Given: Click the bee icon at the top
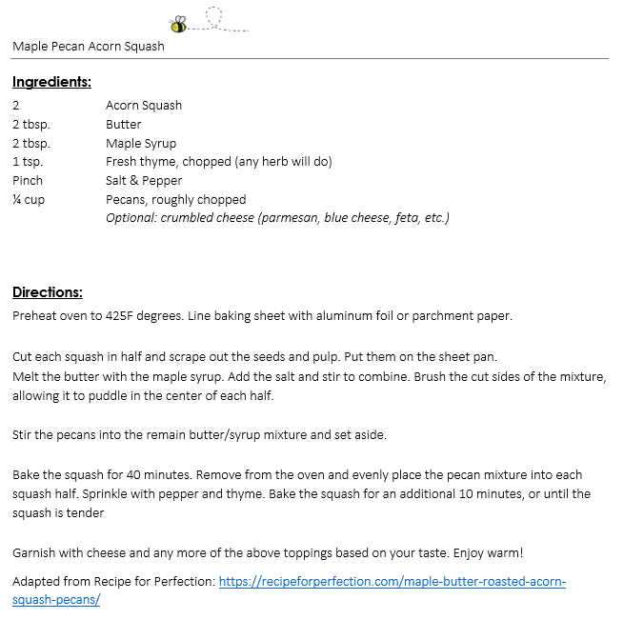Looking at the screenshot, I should [x=178, y=24].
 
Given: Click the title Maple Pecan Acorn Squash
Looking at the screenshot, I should [x=89, y=46].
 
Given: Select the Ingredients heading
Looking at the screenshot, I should [x=51, y=82].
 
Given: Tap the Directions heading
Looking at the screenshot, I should [x=48, y=292].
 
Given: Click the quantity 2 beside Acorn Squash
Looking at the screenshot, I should [x=16, y=106].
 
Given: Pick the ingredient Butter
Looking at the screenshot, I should [x=124, y=125].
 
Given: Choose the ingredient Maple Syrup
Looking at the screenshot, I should [x=141, y=144].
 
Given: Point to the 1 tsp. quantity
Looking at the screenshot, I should [x=28, y=162].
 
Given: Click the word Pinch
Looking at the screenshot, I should [x=28, y=181].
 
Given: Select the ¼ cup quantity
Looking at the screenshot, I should [x=29, y=200].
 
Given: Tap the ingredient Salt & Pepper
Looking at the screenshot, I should [x=144, y=181].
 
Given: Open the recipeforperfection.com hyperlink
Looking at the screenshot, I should [x=392, y=581].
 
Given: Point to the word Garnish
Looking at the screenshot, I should [x=35, y=553].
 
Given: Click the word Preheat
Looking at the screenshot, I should [x=36, y=316].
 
